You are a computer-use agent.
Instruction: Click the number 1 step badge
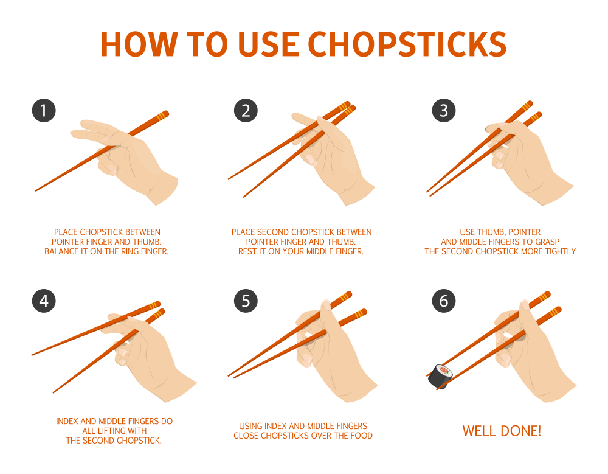tap(44, 111)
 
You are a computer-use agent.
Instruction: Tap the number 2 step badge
tap(246, 111)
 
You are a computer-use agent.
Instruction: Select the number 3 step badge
tap(444, 111)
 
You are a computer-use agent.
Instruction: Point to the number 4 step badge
tap(44, 301)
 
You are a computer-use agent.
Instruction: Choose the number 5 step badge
tap(246, 301)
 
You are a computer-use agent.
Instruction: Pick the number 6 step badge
tap(444, 301)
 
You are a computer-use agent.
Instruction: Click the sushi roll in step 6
tap(440, 376)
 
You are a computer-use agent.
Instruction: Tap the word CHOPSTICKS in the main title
tap(407, 44)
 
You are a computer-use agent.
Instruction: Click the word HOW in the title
tap(139, 44)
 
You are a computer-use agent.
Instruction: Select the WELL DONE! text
tap(502, 431)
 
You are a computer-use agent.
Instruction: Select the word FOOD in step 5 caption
tap(361, 436)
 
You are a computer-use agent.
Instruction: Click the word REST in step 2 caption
tap(247, 251)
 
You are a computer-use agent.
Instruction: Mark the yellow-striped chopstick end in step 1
tap(162, 115)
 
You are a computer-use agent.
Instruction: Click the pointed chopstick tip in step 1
tap(36, 190)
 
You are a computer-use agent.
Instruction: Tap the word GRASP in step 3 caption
tap(548, 242)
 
